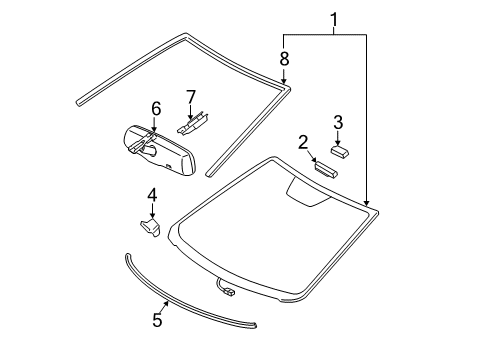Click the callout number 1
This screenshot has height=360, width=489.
click(334, 19)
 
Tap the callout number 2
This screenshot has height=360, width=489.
click(302, 143)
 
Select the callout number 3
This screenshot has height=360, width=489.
click(338, 122)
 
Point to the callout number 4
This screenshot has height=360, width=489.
click(152, 194)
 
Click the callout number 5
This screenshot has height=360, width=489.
click(157, 321)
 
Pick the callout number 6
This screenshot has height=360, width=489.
click(155, 107)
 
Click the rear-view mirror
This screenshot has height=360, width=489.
click(160, 148)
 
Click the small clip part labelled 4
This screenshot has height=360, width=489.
click(149, 229)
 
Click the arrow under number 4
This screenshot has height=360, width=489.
click(152, 211)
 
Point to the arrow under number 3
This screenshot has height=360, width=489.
click(338, 137)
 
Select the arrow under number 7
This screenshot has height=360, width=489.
click(189, 111)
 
